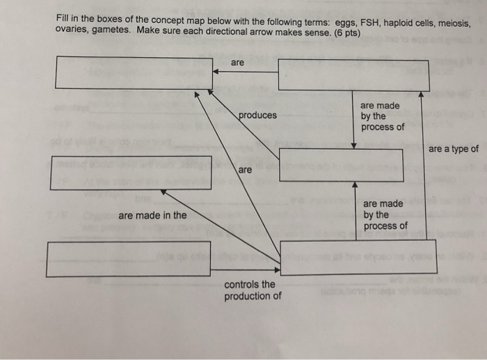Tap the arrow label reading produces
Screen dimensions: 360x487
point(257,116)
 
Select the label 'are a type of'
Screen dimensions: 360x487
point(454,149)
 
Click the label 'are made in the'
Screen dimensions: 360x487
point(152,215)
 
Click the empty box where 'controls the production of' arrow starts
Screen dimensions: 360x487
point(128,258)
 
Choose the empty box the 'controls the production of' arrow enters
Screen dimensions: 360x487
point(358,256)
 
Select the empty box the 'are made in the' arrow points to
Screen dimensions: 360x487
point(131,172)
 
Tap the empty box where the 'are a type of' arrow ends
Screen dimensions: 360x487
point(353,75)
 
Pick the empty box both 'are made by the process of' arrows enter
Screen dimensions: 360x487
point(341,165)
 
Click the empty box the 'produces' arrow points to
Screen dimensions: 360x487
point(134,72)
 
